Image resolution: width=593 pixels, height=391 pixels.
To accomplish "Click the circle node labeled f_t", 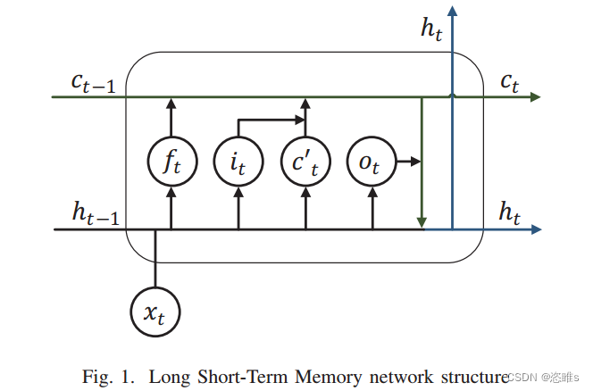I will click(x=171, y=162).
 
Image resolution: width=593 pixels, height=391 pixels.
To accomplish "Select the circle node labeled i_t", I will click(x=238, y=162).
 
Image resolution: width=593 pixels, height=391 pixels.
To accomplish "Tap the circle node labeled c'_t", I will click(x=305, y=162).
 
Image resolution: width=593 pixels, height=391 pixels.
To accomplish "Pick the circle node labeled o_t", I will click(x=371, y=162).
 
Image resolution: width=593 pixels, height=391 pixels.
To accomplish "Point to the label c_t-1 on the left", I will click(x=93, y=81).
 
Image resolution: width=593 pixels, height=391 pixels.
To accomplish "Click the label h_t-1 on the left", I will click(x=95, y=212).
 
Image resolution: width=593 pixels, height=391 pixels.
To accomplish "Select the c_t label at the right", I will click(x=510, y=82).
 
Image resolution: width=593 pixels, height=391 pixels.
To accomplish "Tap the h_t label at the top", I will click(x=431, y=28).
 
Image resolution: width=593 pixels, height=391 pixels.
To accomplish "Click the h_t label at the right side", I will click(x=509, y=212).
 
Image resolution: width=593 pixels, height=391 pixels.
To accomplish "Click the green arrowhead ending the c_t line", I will click(x=535, y=96).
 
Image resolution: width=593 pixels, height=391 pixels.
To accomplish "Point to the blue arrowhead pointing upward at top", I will click(x=453, y=10).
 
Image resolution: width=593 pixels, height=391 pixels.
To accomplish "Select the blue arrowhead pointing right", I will click(x=536, y=229).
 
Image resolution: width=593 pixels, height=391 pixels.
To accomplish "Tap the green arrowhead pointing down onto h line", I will click(x=422, y=222).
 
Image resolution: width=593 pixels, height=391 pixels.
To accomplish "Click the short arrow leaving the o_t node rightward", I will click(x=407, y=162).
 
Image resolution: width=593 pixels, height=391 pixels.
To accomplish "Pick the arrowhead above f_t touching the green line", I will click(x=171, y=103).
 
